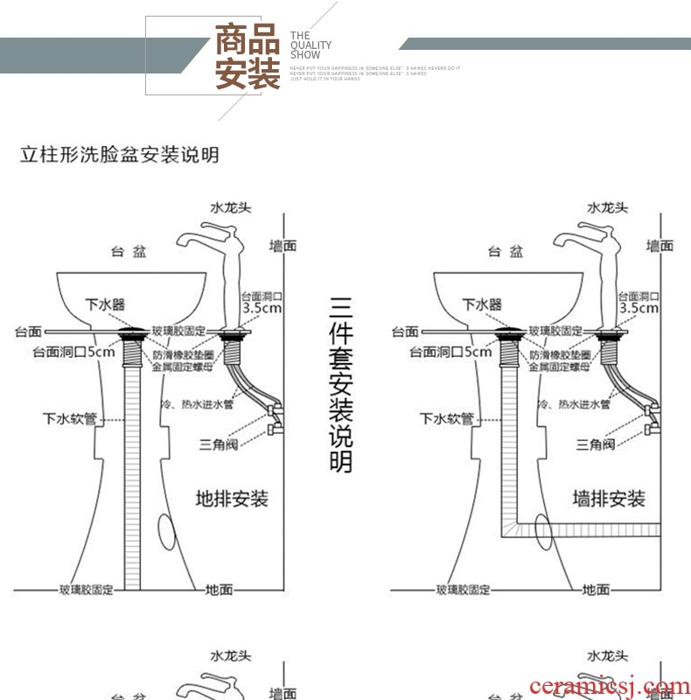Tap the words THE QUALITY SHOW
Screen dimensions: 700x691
tap(311, 45)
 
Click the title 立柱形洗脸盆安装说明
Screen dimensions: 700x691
tap(120, 156)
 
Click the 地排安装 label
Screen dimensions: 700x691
tap(232, 500)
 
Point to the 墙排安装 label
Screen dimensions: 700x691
tap(609, 500)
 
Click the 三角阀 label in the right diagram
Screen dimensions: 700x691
tap(596, 444)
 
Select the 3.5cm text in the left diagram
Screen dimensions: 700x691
tap(262, 308)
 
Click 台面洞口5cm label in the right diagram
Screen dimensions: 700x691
tap(450, 353)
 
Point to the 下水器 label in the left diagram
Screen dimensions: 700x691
tap(104, 304)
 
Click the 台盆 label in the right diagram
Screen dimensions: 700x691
tap(506, 252)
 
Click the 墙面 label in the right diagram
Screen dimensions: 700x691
tap(660, 246)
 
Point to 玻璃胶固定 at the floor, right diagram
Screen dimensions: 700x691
tap(464, 590)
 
